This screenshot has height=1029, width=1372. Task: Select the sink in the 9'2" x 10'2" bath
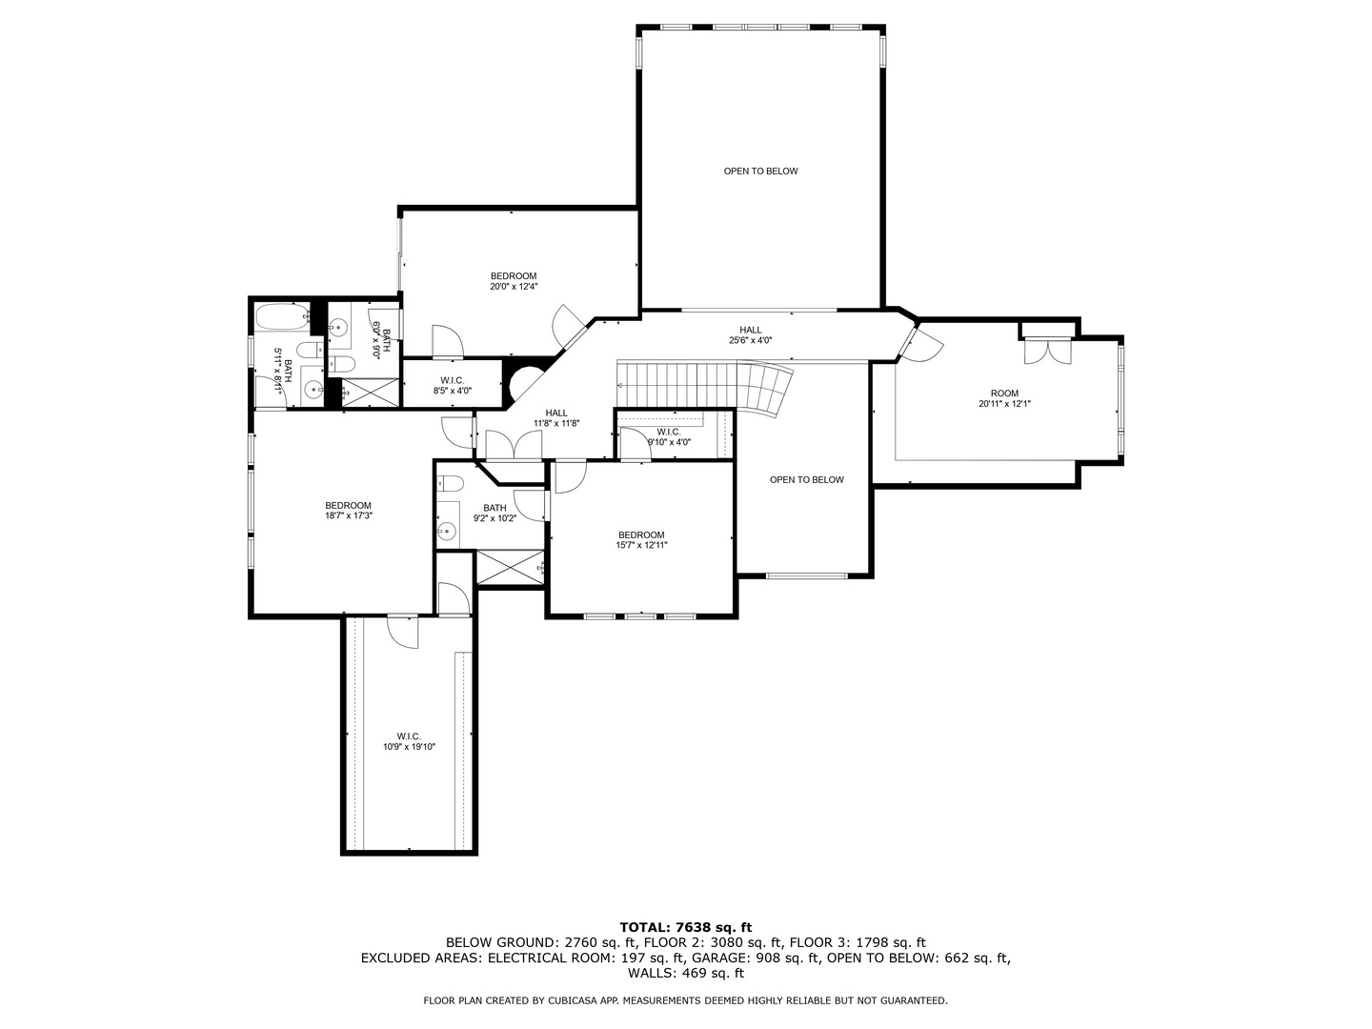tap(446, 531)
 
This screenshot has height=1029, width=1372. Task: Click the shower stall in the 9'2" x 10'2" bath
tap(510, 567)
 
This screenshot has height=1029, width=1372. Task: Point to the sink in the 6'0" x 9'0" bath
tap(335, 328)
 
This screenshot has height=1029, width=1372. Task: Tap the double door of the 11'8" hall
tap(514, 446)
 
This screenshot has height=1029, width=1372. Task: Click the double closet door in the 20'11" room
tap(1047, 351)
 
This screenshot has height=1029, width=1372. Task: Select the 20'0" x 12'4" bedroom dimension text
tap(514, 286)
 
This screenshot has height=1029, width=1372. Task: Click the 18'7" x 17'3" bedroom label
tap(348, 511)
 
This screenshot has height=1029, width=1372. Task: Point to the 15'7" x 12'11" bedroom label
tap(641, 540)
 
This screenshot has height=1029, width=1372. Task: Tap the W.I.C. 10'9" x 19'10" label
tap(409, 741)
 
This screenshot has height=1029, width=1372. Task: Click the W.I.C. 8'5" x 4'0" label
tap(452, 385)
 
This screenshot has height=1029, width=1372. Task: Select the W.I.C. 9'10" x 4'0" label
tap(669, 436)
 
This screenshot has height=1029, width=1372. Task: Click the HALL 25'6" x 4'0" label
tap(750, 334)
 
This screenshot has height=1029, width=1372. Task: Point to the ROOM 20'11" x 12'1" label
tap(1004, 398)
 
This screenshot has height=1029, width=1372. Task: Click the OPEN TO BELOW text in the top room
tap(760, 171)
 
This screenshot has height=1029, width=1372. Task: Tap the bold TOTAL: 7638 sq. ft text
tap(685, 926)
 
